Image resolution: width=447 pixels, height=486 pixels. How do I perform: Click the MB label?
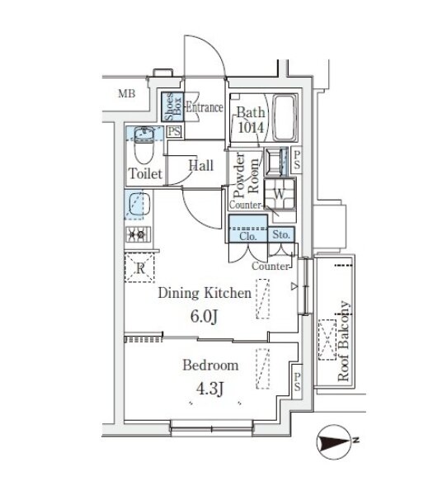(x=127, y=93)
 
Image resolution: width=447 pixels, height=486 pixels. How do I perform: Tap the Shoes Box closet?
(x=172, y=106)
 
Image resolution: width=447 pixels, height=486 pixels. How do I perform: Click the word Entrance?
(x=205, y=107)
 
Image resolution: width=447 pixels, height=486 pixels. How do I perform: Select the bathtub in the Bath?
(x=284, y=118)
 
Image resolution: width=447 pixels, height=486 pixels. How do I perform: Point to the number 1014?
(x=251, y=127)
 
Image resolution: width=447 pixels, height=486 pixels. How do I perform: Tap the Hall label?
(x=201, y=165)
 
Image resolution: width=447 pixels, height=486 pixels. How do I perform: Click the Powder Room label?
(x=246, y=175)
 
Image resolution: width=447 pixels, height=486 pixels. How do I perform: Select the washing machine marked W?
(x=279, y=194)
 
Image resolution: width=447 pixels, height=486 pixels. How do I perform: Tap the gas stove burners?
(x=139, y=234)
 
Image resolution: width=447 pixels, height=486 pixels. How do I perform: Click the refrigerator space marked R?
(x=139, y=268)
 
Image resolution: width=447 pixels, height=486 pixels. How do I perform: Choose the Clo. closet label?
(x=247, y=237)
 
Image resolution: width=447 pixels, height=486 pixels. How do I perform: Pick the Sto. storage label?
(x=281, y=234)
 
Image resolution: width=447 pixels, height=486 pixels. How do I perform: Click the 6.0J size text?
(x=205, y=317)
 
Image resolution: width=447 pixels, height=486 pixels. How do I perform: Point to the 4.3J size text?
(x=209, y=389)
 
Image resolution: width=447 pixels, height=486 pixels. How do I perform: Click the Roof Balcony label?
(x=344, y=341)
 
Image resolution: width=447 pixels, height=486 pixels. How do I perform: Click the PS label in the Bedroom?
(x=297, y=381)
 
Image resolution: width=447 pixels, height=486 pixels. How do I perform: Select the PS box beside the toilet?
(x=174, y=131)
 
